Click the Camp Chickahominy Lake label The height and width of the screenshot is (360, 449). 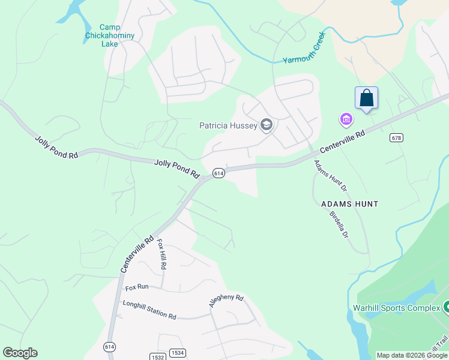click(x=109, y=35)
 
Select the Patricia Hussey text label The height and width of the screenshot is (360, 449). click(x=228, y=125)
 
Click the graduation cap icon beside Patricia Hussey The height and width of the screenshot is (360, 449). click(x=267, y=125)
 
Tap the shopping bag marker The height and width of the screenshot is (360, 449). click(x=366, y=97)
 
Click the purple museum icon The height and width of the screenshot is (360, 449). click(x=346, y=120)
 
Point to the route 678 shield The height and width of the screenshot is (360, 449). click(x=396, y=137)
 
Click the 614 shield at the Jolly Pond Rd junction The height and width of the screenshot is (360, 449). click(x=218, y=173)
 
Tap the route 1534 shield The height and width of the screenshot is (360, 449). click(x=176, y=353)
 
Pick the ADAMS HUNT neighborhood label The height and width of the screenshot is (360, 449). click(x=350, y=204)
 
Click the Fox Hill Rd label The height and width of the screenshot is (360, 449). click(x=161, y=254)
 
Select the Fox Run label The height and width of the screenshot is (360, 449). click(x=137, y=287)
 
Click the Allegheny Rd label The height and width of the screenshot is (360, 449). click(x=226, y=301)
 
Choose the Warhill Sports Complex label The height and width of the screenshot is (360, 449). click(x=396, y=308)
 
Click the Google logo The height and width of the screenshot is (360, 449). click(x=20, y=353)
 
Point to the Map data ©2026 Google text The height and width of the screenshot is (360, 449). click(x=412, y=355)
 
